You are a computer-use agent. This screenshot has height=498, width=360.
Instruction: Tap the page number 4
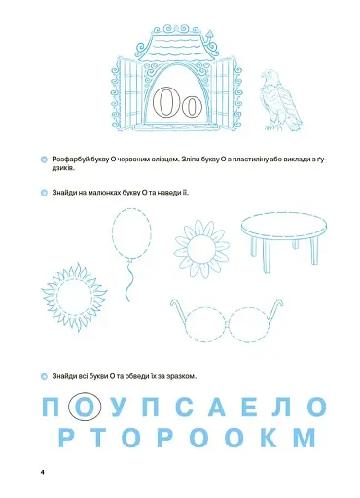[43, 471]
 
